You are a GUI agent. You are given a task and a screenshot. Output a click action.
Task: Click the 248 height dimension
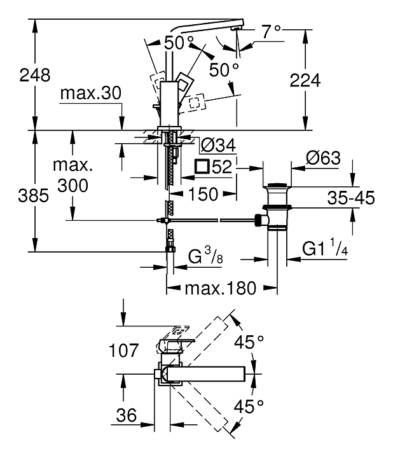[35, 75]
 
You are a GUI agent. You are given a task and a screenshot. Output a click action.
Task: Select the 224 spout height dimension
[305, 80]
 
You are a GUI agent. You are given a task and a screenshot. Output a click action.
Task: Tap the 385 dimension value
[33, 195]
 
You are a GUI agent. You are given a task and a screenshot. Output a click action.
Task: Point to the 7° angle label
[272, 32]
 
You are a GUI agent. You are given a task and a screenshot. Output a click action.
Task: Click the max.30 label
[90, 94]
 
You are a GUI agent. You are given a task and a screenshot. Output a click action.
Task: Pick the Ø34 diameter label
[218, 145]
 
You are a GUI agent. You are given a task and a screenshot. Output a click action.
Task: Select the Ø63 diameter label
[323, 158]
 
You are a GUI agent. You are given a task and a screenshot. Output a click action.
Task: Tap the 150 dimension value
[203, 194]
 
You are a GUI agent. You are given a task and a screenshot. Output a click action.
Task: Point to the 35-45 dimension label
[351, 198]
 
